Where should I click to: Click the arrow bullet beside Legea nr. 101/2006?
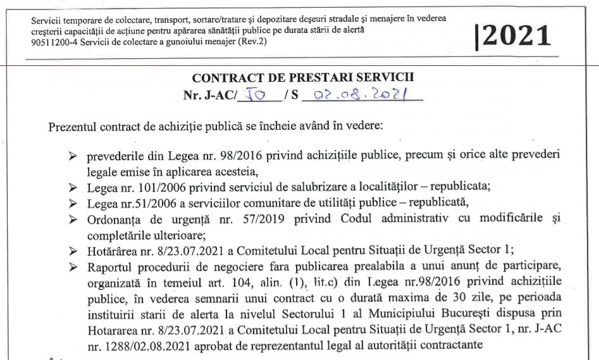pyautogui.click(x=73, y=189)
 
